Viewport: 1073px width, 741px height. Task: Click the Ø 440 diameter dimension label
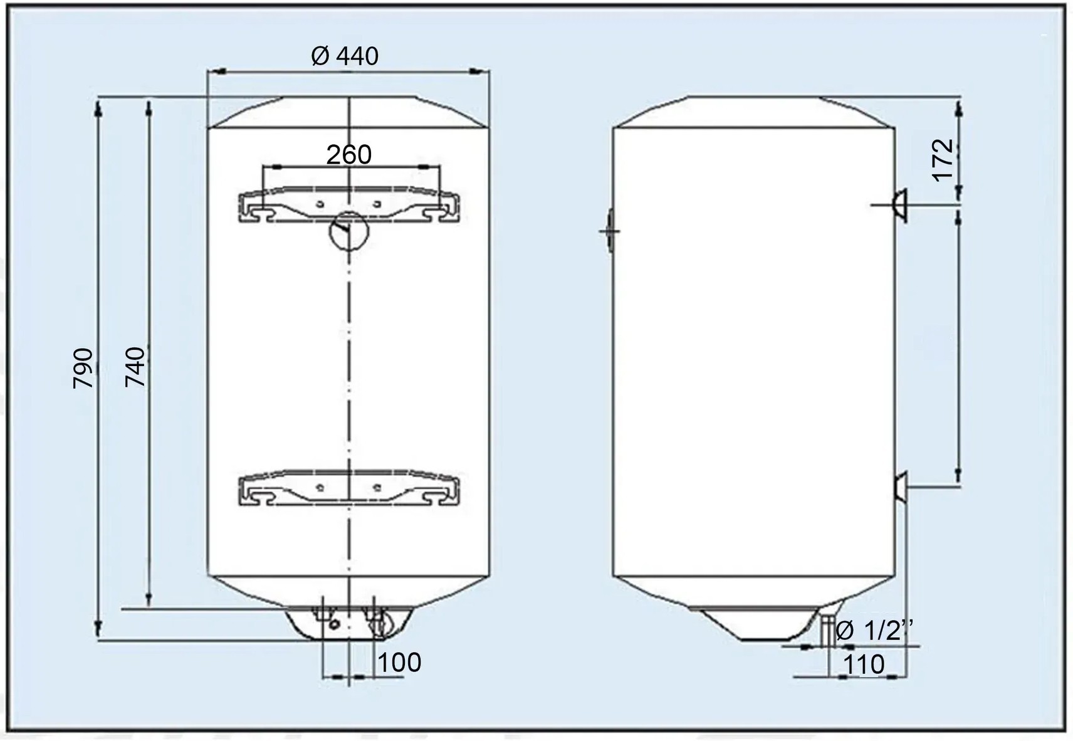click(345, 56)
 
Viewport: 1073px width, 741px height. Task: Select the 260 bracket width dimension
click(348, 155)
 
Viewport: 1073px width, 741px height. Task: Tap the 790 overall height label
click(83, 368)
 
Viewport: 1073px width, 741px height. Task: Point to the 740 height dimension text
click(135, 367)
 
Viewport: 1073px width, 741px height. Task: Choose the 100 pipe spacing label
click(399, 663)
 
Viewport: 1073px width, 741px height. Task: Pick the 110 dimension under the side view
click(863, 665)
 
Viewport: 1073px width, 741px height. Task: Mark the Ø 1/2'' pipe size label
click(874, 631)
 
